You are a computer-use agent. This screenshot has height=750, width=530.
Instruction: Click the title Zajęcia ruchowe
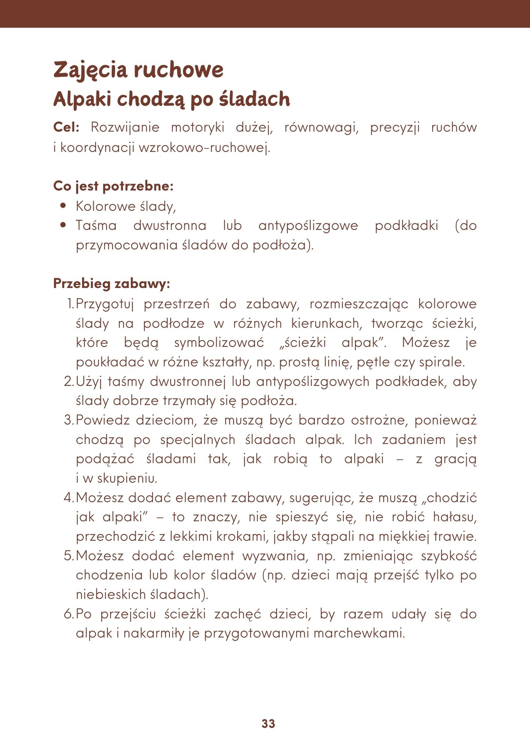138,70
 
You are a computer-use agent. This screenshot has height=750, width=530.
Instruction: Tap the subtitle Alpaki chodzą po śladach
172,99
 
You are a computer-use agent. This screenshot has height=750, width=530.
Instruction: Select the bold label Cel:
66,127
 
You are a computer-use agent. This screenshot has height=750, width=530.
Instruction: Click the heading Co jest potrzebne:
113,186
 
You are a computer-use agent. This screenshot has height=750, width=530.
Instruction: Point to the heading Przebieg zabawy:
112,283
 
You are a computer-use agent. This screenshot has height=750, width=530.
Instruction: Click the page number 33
268,724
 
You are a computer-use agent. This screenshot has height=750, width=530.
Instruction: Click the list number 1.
70,304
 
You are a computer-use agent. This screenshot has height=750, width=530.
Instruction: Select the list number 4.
69,498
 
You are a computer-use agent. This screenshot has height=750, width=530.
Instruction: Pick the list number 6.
69,614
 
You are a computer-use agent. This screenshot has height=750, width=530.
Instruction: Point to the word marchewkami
359,633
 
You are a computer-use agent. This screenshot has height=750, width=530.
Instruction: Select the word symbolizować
219,343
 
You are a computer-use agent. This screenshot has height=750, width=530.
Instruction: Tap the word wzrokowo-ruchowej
204,148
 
